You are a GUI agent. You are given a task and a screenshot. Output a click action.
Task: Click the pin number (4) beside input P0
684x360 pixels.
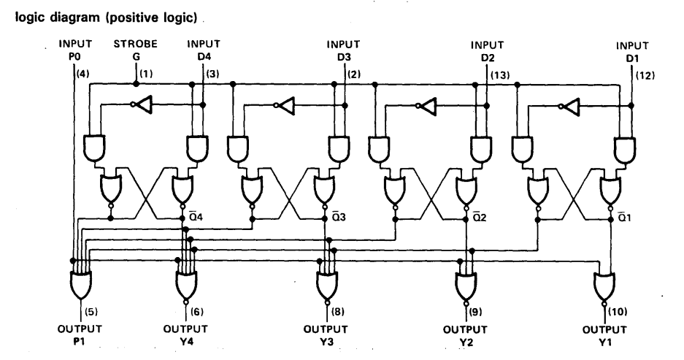82,74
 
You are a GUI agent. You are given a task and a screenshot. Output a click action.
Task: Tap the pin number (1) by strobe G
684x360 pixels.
146,74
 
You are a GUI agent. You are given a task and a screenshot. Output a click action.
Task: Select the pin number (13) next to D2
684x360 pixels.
500,75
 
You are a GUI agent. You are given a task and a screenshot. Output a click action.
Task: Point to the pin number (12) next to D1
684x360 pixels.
645,75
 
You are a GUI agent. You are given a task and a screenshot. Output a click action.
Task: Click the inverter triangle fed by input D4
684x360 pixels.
144,104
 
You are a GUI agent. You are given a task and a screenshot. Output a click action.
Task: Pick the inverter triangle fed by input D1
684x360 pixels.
571,106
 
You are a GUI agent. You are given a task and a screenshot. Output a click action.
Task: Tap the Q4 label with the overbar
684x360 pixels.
196,216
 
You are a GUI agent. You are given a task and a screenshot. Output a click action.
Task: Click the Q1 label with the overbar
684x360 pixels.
624,216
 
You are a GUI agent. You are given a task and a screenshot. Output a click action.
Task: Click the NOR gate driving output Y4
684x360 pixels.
186,285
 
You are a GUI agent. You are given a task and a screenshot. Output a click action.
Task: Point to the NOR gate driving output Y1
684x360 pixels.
604,286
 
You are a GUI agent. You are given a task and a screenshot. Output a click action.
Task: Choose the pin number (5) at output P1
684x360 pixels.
91,312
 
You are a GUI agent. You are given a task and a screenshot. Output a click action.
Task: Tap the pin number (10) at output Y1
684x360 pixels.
618,312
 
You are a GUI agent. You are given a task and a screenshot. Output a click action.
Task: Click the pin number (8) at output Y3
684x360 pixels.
338,312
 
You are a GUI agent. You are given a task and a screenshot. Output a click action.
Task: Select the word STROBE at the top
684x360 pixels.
136,44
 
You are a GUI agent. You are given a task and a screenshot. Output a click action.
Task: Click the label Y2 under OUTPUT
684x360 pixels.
466,342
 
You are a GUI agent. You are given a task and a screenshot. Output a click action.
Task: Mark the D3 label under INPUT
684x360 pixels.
344,57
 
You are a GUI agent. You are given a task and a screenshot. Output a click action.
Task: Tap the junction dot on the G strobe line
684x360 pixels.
136,83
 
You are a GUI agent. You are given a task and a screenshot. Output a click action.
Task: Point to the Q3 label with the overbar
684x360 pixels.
339,216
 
